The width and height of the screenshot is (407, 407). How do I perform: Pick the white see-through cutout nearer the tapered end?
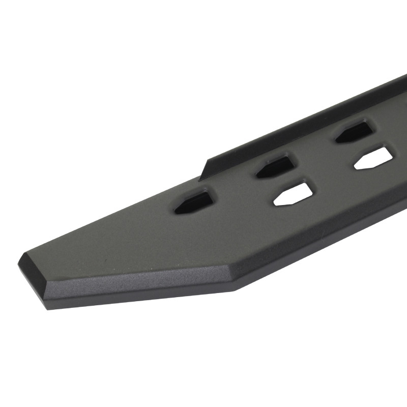pos(294,194)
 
